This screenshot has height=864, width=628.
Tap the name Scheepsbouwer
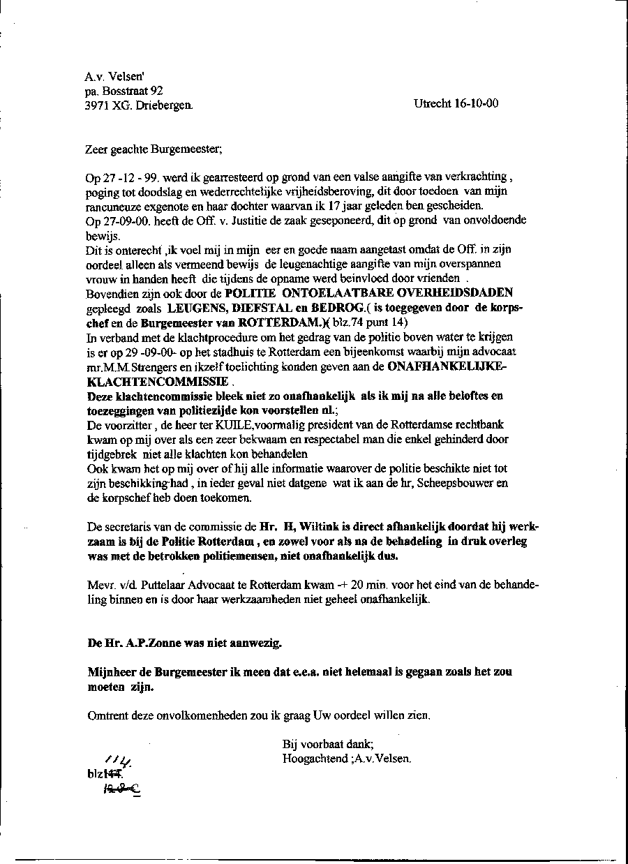[462, 483]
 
